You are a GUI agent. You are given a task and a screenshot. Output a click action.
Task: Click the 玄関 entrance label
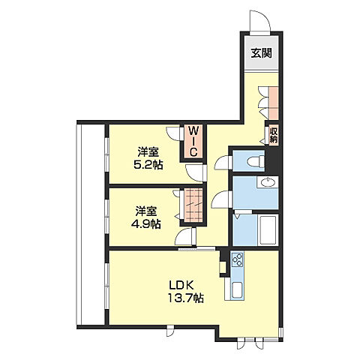261,53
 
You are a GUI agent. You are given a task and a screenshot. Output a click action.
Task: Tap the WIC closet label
193,141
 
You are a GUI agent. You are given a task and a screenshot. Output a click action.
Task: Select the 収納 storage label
274,136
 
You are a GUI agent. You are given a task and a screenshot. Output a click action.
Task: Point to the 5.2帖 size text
148,165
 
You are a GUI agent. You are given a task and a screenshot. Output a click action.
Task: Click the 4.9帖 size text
146,223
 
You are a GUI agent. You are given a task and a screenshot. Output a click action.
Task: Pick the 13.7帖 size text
185,298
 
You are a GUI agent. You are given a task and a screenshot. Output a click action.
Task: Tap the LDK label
181,285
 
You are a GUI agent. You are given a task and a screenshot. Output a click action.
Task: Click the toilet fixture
256,161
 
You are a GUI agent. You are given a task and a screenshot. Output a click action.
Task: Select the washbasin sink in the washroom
268,182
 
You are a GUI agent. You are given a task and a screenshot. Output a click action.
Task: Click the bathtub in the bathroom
268,230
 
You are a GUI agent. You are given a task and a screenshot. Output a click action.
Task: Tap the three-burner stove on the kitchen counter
237,260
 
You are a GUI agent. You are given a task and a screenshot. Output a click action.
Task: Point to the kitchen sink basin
237,291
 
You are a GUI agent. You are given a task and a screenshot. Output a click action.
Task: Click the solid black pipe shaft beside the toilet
272,160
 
